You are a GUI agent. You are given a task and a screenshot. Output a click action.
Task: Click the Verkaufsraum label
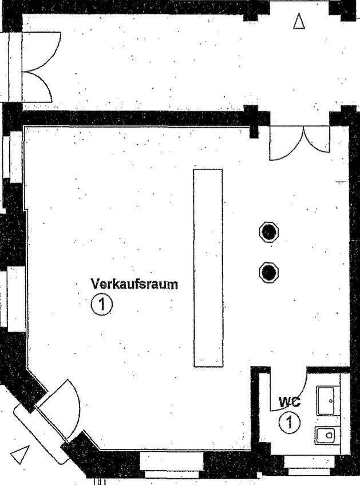(134, 284)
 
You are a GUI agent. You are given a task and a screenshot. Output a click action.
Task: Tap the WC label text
(289, 402)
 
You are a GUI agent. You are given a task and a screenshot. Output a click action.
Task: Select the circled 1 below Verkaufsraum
(102, 305)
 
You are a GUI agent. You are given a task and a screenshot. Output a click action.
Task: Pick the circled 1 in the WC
(290, 423)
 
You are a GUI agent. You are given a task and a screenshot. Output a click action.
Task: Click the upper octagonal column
(268, 232)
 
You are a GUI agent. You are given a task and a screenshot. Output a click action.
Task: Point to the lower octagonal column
(268, 271)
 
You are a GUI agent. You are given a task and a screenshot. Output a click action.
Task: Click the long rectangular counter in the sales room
(208, 267)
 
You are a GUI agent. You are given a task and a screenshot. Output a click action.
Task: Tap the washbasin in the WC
(327, 399)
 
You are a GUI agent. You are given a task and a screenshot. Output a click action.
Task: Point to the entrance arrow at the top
(299, 22)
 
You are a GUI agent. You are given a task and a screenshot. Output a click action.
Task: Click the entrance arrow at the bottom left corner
(20, 454)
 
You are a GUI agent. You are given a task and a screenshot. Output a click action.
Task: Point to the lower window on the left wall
(14, 297)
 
